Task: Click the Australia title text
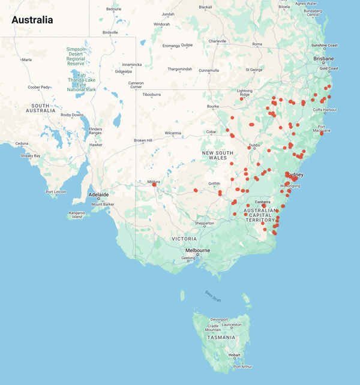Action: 32,20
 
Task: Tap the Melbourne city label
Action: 197,250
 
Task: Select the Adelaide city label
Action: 98,195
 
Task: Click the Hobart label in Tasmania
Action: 235,355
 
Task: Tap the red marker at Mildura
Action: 154,184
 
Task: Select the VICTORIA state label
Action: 184,239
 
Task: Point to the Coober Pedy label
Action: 38,87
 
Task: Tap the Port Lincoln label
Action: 56,192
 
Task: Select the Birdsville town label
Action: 110,32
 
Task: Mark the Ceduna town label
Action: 22,143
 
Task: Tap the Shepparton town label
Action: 204,223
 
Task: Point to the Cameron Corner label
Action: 136,85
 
